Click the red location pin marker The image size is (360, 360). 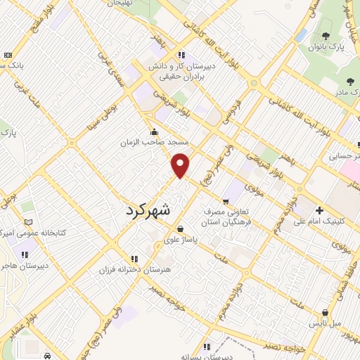(181, 165)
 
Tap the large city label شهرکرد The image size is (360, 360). (157, 209)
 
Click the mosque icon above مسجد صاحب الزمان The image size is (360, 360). (154, 131)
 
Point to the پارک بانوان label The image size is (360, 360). (327, 47)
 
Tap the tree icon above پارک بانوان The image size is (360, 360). (325, 37)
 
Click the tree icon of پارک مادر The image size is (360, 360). (349, 82)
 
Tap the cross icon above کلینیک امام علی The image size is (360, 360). (319, 210)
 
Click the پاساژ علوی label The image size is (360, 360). (181, 239)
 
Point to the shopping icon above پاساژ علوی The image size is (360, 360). (181, 229)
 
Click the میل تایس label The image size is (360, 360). (327, 323)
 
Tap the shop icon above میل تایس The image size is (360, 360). (324, 313)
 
